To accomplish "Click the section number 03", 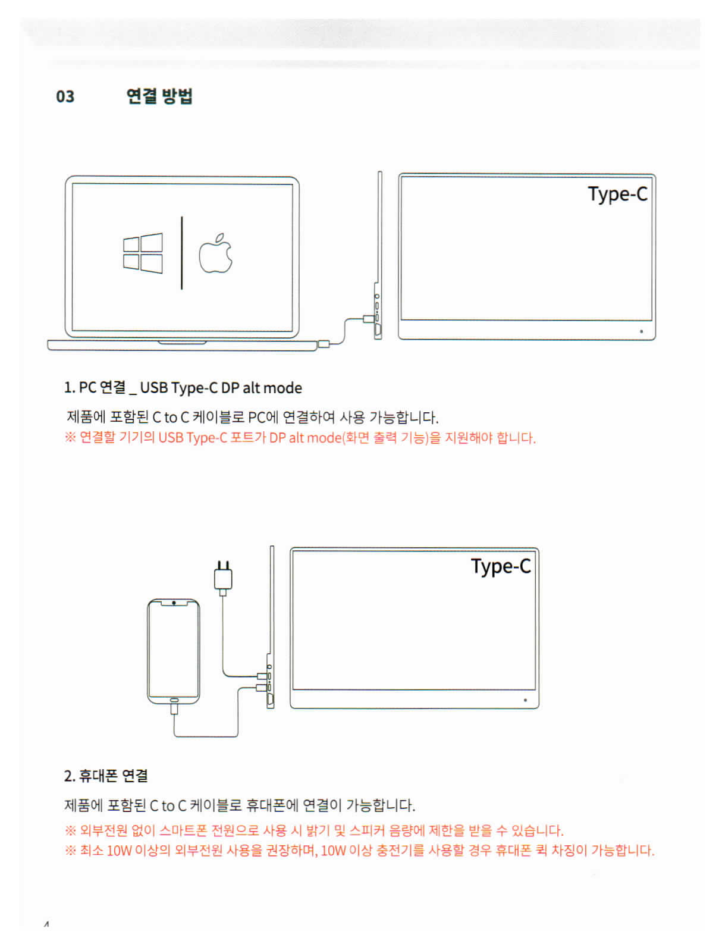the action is pyautogui.click(x=65, y=96).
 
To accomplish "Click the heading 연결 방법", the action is pyautogui.click(x=159, y=95).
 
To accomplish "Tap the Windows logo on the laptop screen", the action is pyautogui.click(x=142, y=253).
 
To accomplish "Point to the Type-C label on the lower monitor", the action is pyautogui.click(x=500, y=566).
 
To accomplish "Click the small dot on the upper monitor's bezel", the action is pyautogui.click(x=641, y=331).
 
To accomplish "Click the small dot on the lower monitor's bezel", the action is pyautogui.click(x=525, y=700).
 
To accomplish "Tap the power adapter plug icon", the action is pyautogui.click(x=222, y=578).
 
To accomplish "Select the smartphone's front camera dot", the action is pyautogui.click(x=174, y=603).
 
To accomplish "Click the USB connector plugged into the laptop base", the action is pyautogui.click(x=324, y=344).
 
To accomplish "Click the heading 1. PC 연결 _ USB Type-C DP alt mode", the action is pyautogui.click(x=183, y=387).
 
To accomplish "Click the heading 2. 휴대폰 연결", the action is pyautogui.click(x=106, y=775).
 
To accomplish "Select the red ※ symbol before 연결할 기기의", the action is pyautogui.click(x=70, y=437).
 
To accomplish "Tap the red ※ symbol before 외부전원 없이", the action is pyautogui.click(x=70, y=830).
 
